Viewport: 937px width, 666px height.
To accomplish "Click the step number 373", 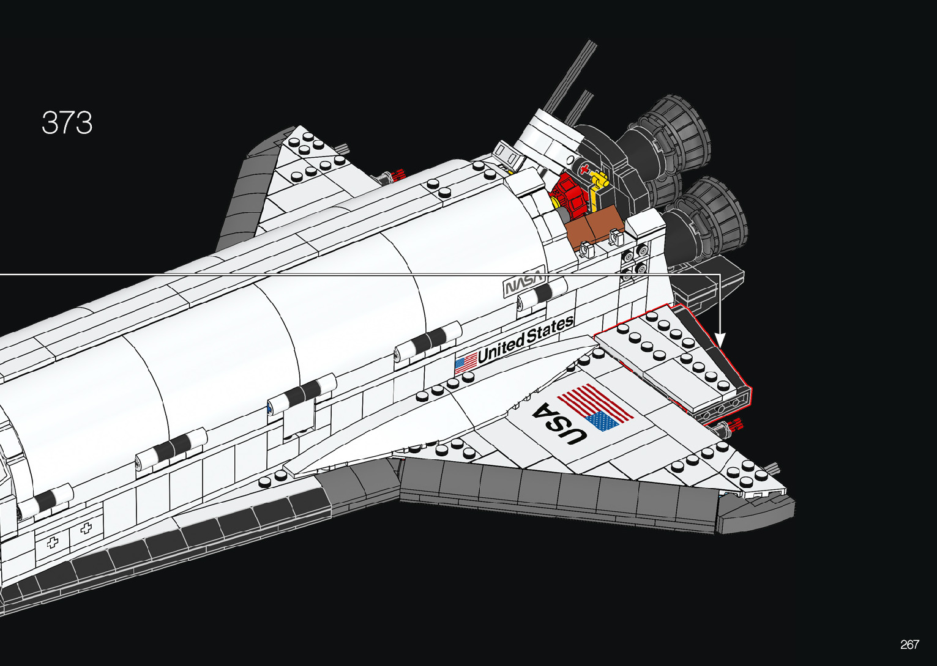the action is pyautogui.click(x=67, y=123).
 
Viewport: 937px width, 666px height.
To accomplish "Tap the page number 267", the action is pyautogui.click(x=909, y=645).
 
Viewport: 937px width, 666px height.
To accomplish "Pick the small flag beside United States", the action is pyautogui.click(x=465, y=364).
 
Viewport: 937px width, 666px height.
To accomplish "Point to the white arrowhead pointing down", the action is pyautogui.click(x=720, y=340).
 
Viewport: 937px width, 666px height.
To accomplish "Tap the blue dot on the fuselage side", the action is pyautogui.click(x=270, y=406).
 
